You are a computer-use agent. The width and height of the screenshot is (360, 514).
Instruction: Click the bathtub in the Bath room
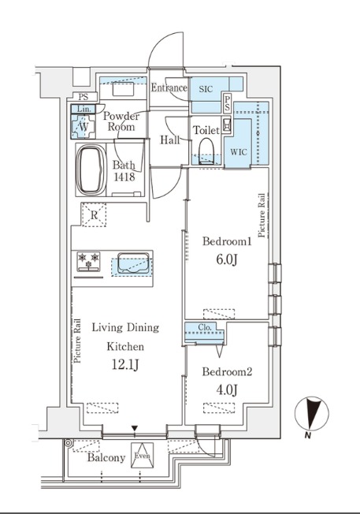tap(91, 169)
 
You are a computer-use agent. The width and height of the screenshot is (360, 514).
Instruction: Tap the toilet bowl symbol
tap(206, 151)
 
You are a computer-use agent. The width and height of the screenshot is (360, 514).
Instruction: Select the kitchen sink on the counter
tap(132, 263)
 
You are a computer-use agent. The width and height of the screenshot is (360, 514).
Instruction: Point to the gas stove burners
tap(88, 262)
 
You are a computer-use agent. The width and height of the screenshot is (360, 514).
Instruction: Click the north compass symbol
tap(311, 414)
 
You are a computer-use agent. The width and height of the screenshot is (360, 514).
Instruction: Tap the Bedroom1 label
tap(227, 241)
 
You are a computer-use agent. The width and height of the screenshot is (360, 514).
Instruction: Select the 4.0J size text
tap(226, 390)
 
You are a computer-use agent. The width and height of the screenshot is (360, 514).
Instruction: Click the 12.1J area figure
tap(125, 364)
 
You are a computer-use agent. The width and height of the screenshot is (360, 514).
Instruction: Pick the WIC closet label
tap(239, 152)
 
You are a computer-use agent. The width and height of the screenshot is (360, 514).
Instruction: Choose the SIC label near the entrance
tap(206, 89)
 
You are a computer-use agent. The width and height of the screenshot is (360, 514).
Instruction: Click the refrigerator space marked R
tap(94, 215)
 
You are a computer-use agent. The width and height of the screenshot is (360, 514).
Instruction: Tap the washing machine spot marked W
tap(84, 126)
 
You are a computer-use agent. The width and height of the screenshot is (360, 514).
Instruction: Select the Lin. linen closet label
tap(84, 109)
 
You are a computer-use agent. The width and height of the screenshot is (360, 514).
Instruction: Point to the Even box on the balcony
tap(142, 456)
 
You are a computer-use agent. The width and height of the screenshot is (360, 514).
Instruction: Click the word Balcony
tap(106, 457)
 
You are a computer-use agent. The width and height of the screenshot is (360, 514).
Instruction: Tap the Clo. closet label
tap(205, 327)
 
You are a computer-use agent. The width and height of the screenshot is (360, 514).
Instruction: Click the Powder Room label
tap(121, 121)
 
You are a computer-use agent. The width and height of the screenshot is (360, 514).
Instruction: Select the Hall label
tap(169, 140)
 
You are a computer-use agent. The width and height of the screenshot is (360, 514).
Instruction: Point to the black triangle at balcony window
tap(134, 428)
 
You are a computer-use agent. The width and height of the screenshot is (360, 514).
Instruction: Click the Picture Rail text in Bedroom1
tap(262, 215)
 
